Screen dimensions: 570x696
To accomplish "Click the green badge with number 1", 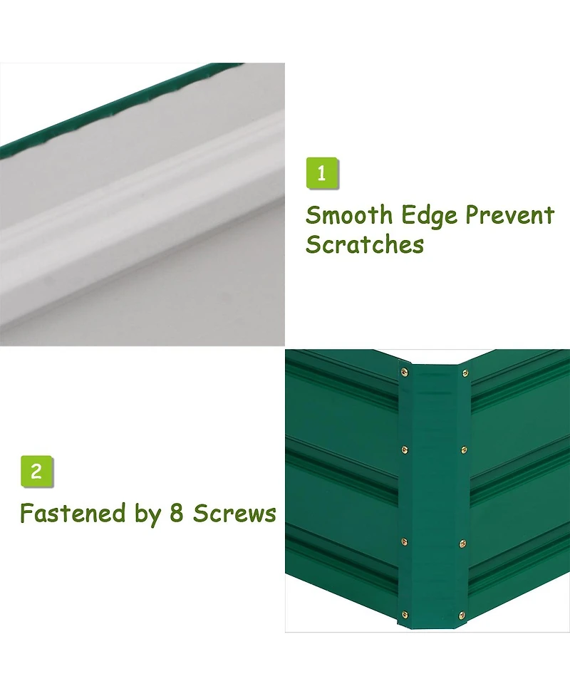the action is coord(322,173).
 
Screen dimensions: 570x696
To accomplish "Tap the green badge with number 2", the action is coord(37,472).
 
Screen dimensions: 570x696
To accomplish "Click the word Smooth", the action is coord(349,215).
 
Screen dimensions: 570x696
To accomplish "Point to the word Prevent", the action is coord(509,216).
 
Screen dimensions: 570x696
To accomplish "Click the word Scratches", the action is coord(365,244).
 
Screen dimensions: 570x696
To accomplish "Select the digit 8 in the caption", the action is coord(176,513).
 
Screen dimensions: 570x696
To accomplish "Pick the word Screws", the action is coord(234,514).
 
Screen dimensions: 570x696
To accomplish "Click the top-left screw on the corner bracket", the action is coord(404,373).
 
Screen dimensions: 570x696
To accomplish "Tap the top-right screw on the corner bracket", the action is coord(465,373).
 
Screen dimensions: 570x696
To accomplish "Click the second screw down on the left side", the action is coord(405,450).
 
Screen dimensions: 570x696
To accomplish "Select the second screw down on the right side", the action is coord(464,450).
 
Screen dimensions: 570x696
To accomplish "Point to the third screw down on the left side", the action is coord(405,541).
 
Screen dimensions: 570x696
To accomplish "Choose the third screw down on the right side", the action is coord(462,544).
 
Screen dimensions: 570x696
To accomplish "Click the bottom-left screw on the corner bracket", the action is coord(405,615).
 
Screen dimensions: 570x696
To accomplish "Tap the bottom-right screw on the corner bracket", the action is coord(462,616).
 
